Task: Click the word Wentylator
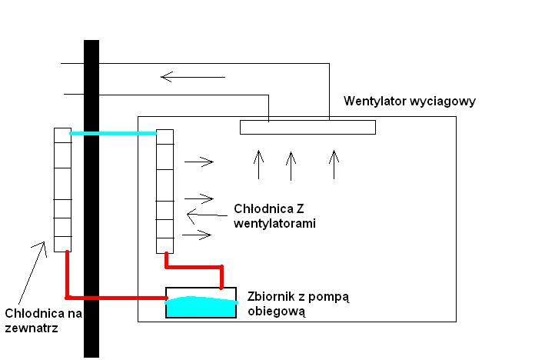pos(375,102)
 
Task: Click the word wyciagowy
pos(443,102)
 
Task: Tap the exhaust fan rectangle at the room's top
pos(307,127)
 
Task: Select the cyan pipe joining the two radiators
pos(113,133)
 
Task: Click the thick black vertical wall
pos(91,198)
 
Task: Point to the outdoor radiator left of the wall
pos(63,190)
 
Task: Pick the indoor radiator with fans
pos(165,192)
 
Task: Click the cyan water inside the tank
pos(201,307)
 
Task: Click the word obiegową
pos(276,312)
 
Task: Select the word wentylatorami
pos(274,224)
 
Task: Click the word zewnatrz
pos(32,328)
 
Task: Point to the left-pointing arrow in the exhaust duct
pos(193,77)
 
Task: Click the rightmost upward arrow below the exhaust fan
pos(334,165)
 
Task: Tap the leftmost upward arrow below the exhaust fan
pos(259,165)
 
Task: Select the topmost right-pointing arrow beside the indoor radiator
pos(199,162)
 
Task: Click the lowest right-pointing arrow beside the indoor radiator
pos(197,235)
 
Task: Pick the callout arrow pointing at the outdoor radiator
pos(32,273)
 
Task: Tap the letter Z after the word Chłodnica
pos(300,208)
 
